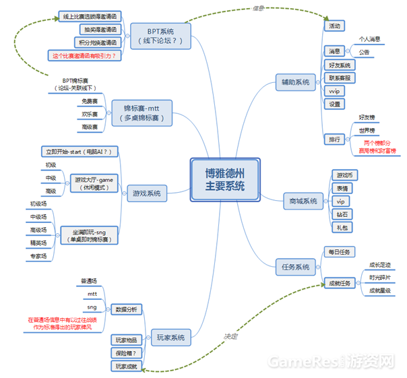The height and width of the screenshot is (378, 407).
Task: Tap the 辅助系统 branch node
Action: click(295, 82)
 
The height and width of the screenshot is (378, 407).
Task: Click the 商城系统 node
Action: click(303, 201)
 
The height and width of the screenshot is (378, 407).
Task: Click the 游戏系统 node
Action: click(148, 193)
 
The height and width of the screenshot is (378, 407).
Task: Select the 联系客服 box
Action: click(339, 78)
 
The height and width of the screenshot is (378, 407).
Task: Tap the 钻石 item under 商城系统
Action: click(342, 214)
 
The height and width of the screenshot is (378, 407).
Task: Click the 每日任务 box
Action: click(339, 252)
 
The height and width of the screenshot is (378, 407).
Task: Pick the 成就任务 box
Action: click(339, 282)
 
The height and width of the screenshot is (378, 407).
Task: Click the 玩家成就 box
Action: click(126, 366)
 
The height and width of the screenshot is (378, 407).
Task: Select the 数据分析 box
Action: click(126, 309)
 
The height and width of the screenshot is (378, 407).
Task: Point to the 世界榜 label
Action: click(367, 130)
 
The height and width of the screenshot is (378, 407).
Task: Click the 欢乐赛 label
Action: click(90, 115)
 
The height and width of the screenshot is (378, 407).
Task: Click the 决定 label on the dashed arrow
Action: click(232, 335)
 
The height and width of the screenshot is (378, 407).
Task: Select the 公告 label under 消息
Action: click(364, 51)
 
